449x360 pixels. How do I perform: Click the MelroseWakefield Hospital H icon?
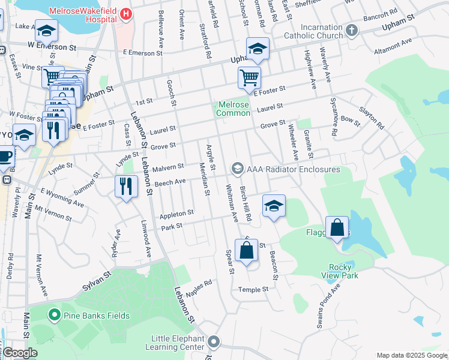(125, 13)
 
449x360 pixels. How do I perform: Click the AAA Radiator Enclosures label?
(294, 169)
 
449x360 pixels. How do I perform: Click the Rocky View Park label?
(343, 271)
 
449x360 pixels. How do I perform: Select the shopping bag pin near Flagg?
(337, 227)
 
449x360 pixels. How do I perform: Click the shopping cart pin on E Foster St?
(249, 76)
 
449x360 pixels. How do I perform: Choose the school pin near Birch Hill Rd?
(274, 206)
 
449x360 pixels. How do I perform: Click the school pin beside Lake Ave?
(46, 29)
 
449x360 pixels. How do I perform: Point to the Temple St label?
(253, 289)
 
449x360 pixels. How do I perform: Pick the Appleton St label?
(176, 213)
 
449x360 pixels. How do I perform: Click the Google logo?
(20, 353)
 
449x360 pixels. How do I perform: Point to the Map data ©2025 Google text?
(411, 355)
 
